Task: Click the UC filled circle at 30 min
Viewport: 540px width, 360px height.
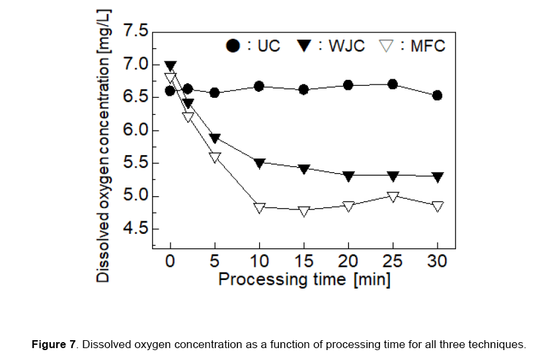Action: tap(437, 95)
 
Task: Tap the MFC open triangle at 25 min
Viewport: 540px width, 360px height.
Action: tap(393, 197)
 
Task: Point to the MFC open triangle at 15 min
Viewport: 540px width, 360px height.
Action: tap(304, 211)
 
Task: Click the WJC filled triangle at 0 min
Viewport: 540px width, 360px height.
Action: tap(171, 67)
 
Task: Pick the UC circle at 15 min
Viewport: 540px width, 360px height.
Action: tap(304, 89)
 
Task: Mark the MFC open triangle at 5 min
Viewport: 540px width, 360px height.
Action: tap(215, 157)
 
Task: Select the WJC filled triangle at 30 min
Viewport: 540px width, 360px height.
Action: tap(437, 177)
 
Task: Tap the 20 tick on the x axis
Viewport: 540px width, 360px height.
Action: tap(348, 261)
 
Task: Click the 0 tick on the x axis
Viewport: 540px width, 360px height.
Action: tap(171, 261)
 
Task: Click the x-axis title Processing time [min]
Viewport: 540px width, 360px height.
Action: tap(304, 279)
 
